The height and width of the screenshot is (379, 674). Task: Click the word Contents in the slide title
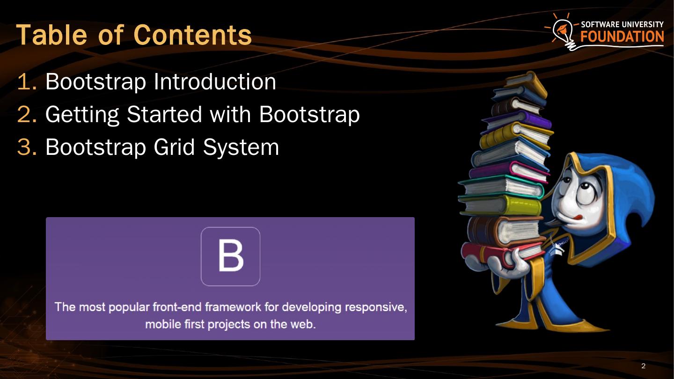192,34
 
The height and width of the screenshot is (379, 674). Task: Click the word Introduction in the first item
215,82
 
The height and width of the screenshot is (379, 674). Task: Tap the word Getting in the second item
82,115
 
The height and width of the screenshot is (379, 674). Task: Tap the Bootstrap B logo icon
230,256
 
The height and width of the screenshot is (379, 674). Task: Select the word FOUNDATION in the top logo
622,36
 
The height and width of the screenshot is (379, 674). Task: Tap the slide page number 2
643,366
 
